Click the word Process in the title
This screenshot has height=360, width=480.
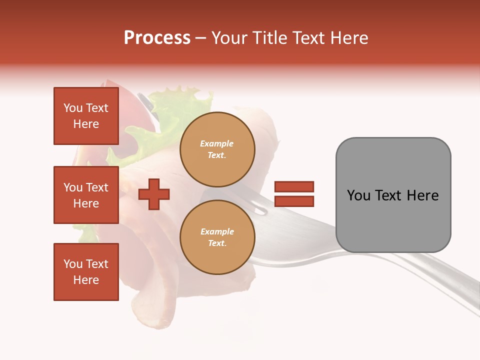157,37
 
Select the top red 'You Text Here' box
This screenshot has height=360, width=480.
86,116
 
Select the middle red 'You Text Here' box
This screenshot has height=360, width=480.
86,195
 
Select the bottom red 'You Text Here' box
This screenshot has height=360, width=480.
86,271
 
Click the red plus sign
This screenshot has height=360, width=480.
154,194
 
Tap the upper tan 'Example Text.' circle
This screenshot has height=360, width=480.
217,149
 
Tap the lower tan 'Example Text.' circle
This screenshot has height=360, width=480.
217,237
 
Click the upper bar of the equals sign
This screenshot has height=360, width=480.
294,186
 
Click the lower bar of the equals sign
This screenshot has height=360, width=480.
294,201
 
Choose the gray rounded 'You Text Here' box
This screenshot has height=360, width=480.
393,195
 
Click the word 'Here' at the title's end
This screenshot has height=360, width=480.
350,37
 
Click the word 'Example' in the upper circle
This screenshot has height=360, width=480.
217,143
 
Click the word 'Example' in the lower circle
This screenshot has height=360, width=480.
217,231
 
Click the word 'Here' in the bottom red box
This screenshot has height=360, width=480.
86,280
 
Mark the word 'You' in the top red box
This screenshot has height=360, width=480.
73,108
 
